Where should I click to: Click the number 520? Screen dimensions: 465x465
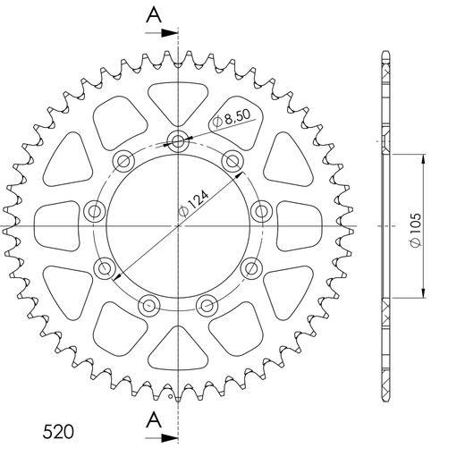(60, 432)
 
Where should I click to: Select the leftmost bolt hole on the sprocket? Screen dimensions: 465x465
(93, 211)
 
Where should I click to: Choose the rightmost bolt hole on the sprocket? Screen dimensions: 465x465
(261, 210)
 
